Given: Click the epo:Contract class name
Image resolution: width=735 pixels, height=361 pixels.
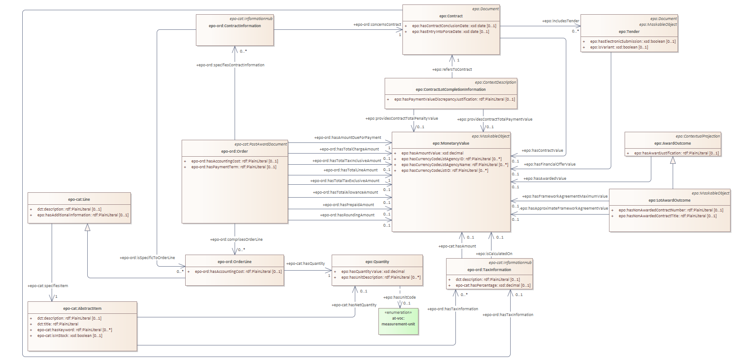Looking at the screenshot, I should click(x=451, y=16).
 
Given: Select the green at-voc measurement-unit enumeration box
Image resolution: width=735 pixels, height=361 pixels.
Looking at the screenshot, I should click(x=398, y=321).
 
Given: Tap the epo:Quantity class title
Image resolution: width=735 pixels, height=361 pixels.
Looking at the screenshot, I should click(x=377, y=262).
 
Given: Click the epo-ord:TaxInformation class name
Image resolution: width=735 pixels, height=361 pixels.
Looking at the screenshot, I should click(x=489, y=270).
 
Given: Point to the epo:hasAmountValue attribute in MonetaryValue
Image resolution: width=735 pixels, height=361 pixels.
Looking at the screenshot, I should click(x=432, y=153).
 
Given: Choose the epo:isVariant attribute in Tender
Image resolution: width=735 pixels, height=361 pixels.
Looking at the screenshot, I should click(x=619, y=47).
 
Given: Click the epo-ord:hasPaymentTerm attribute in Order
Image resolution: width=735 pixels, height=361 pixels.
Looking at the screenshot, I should click(x=234, y=167).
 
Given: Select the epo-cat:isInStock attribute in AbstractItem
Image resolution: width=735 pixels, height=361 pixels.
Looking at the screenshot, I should click(x=69, y=336).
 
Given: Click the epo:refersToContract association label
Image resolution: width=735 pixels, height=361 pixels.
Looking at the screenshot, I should click(x=452, y=69).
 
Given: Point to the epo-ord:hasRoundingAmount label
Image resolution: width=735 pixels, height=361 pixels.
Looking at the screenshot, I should click(x=347, y=215).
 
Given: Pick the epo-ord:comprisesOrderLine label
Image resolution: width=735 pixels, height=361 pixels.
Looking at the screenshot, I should click(x=236, y=239).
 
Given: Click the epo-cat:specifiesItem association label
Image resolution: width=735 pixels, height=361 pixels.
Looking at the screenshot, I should click(x=48, y=286).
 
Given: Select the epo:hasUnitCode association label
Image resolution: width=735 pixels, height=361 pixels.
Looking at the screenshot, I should click(x=399, y=297).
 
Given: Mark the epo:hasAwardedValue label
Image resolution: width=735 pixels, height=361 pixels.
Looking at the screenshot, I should click(x=545, y=178).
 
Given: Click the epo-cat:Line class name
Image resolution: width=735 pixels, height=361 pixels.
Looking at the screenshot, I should click(x=79, y=199).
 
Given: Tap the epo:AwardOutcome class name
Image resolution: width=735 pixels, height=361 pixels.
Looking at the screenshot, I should click(x=672, y=143).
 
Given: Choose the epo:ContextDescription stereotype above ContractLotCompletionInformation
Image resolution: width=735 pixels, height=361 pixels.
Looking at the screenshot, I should click(x=495, y=82).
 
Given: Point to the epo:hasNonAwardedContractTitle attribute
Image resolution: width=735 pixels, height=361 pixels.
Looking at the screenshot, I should click(x=667, y=216).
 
